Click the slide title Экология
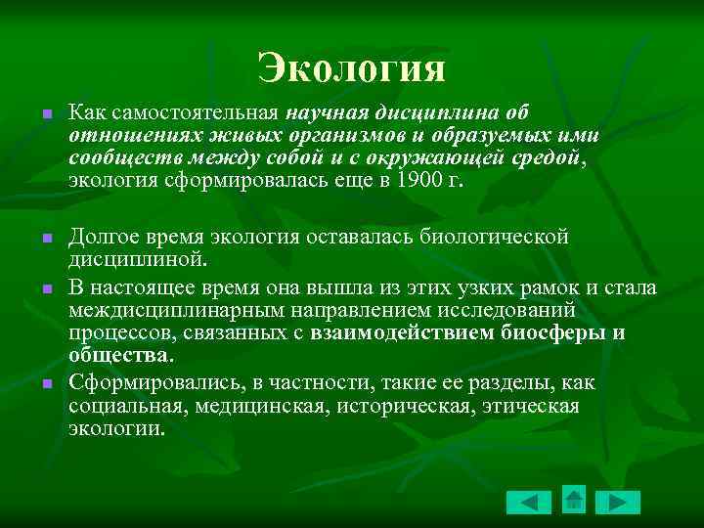pyautogui.click(x=352, y=67)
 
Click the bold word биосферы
pyautogui.click(x=552, y=334)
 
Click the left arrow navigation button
pyautogui.click(x=529, y=503)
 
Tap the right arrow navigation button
pyautogui.click(x=617, y=503)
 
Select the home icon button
pyautogui.click(x=574, y=499)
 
